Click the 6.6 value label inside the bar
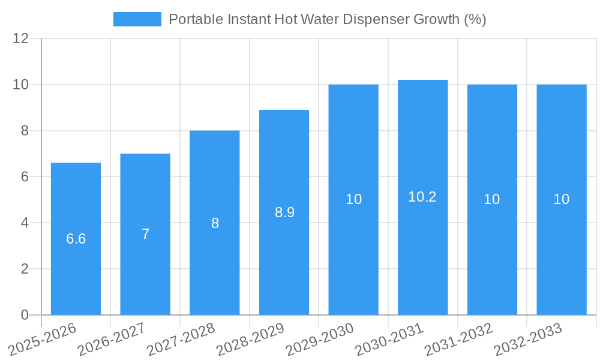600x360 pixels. [76, 239]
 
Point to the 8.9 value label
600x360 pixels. [284, 212]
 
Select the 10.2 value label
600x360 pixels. [422, 197]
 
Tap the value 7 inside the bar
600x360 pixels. [145, 234]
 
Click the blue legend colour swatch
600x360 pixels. [137, 19]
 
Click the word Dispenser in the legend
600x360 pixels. [377, 19]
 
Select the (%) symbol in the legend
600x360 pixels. [475, 19]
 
